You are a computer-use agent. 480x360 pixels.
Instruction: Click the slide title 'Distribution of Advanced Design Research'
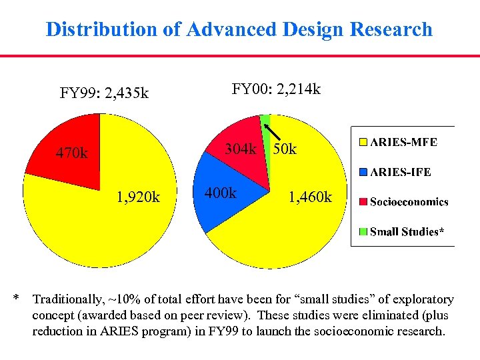pos(239,29)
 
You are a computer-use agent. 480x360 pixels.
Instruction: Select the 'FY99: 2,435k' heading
pos(104,93)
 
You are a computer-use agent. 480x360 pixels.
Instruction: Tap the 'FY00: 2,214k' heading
pos(276,88)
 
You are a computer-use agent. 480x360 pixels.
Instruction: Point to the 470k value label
pos(71,154)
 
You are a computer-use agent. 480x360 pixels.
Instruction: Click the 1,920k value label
pos(138,197)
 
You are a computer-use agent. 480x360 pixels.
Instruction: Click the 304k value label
pos(240,149)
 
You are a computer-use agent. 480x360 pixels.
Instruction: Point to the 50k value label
pos(284,149)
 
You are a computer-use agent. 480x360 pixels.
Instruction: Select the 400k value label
pos(221,193)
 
